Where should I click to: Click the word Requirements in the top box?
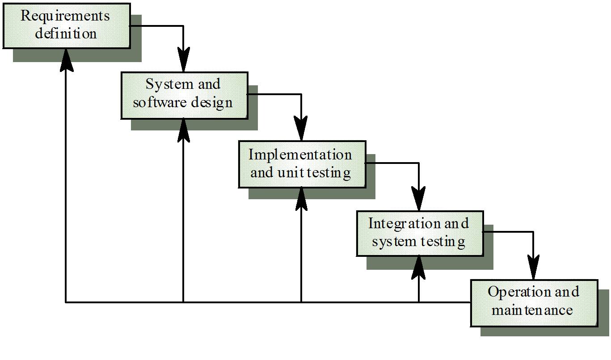(x=65, y=16)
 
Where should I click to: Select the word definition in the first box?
(x=66, y=33)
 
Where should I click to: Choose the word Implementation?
(x=300, y=155)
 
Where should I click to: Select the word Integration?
(x=399, y=223)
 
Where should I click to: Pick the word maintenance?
(x=532, y=310)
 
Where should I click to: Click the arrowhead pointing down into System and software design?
(x=183, y=61)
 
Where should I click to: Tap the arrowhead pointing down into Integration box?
(x=419, y=199)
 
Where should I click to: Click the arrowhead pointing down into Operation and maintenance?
(x=533, y=269)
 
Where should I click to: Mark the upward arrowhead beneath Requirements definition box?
(x=66, y=60)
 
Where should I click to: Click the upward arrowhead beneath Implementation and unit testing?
(x=301, y=199)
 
